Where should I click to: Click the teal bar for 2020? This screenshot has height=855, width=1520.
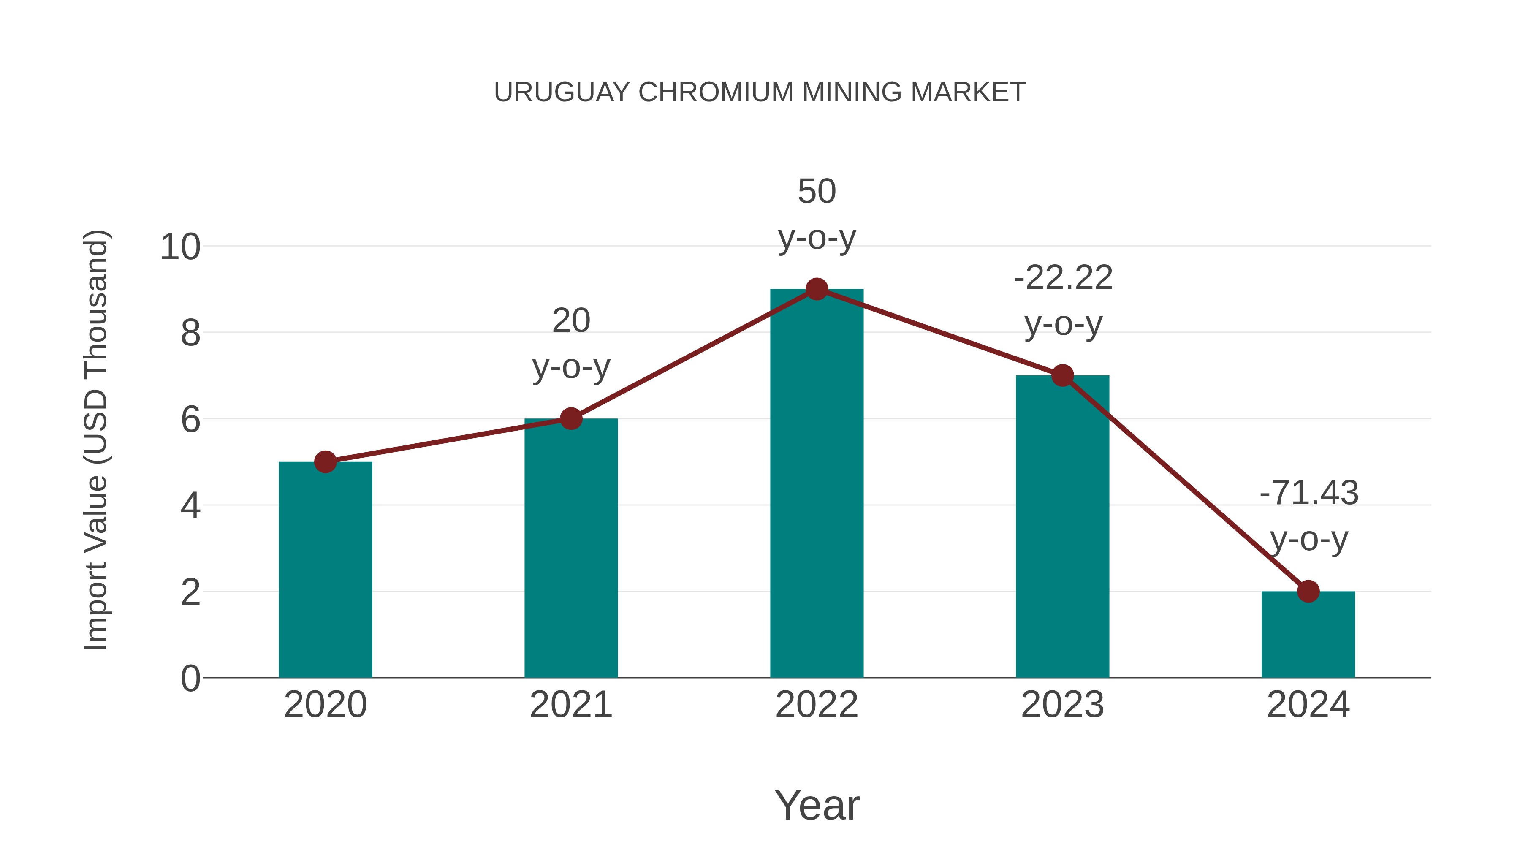[x=325, y=570]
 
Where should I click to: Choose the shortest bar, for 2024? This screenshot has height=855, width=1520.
[x=1308, y=634]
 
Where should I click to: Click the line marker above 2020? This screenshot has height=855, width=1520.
[x=325, y=461]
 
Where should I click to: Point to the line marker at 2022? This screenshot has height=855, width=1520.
[x=817, y=289]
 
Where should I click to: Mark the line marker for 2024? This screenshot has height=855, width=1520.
[x=1308, y=591]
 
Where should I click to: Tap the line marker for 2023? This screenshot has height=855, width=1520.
[x=1062, y=375]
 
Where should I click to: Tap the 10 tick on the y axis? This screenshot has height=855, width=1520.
[x=180, y=247]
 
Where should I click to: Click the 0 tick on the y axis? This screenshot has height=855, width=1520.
[x=190, y=679]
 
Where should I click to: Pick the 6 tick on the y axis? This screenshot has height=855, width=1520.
[x=190, y=420]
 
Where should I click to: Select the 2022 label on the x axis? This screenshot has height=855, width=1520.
[x=817, y=705]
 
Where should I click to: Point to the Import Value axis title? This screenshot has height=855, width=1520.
[x=95, y=440]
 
